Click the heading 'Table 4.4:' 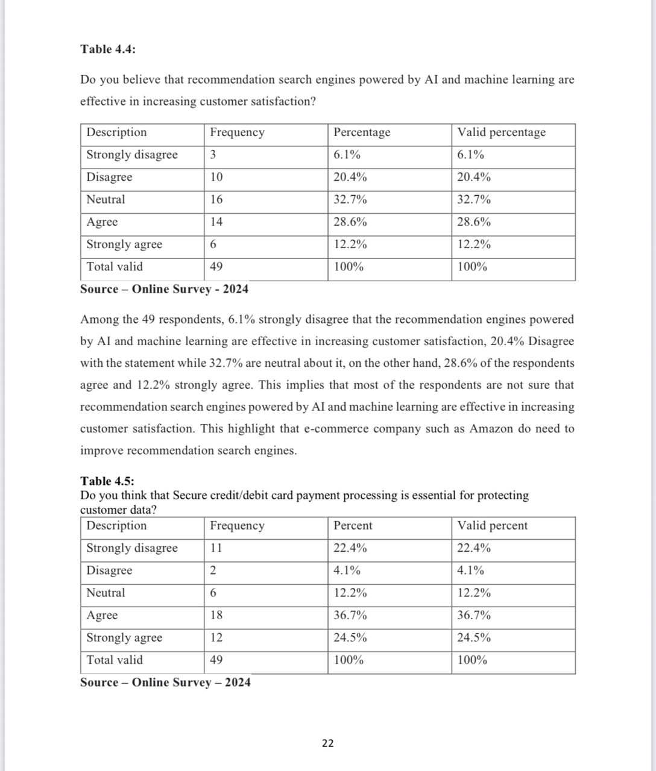click(x=108, y=49)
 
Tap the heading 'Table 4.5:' click(x=107, y=481)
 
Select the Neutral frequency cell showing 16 click(x=216, y=199)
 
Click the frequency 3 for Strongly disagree click(x=213, y=155)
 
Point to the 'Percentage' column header click(x=362, y=133)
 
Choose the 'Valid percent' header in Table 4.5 click(x=492, y=526)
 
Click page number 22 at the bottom click(x=327, y=743)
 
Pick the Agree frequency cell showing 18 click(x=216, y=615)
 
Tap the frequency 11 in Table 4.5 click(x=216, y=548)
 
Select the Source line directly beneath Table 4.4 click(x=164, y=289)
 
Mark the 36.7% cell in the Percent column click(x=350, y=615)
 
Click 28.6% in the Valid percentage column click(x=474, y=222)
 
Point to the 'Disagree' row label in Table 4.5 click(x=109, y=570)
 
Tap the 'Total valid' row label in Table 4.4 click(x=115, y=267)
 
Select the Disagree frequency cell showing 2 click(x=213, y=570)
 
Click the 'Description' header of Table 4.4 click(x=116, y=133)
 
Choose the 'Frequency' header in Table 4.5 click(x=237, y=526)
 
